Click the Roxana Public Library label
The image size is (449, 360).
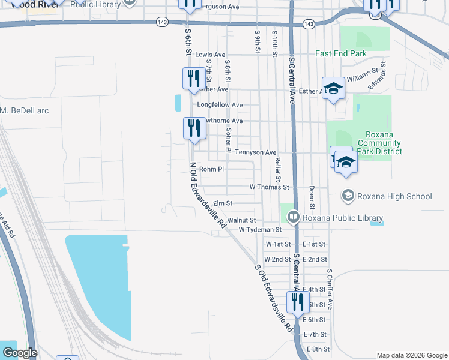tap(343, 218)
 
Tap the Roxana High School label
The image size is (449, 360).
tap(394, 196)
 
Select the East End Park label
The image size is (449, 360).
tap(341, 53)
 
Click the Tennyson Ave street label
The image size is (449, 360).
tap(255, 153)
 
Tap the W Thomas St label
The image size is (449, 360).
tap(270, 187)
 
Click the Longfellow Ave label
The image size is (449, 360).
tap(220, 105)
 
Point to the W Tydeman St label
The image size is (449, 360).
tap(260, 230)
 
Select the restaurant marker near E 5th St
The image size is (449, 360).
tap(297, 302)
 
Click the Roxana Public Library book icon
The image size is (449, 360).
tap(294, 217)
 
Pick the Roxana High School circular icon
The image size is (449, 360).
tap(348, 196)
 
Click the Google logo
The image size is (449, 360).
tap(20, 353)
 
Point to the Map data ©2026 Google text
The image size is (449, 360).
tap(411, 355)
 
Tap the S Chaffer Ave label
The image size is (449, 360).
tap(330, 289)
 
